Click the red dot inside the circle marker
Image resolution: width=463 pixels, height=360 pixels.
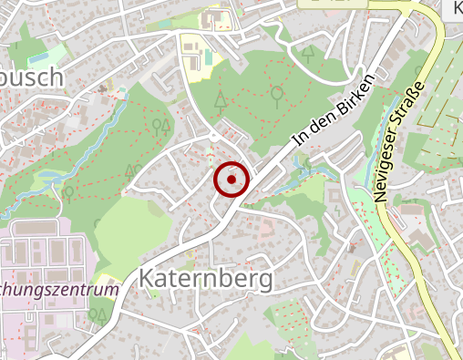[231, 180]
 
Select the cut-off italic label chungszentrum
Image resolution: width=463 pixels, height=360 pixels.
[59, 290]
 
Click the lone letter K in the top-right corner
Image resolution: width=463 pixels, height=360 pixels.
[455, 8]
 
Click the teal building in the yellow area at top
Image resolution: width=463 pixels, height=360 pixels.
[209, 57]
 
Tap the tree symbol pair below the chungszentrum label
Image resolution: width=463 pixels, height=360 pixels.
[98, 314]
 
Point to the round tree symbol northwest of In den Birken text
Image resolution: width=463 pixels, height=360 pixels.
[276, 93]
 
